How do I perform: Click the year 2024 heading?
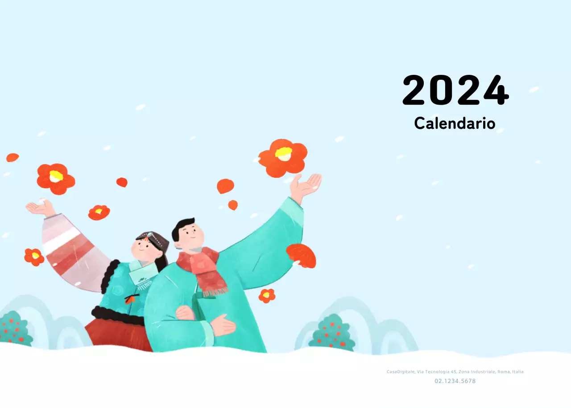click(x=455, y=91)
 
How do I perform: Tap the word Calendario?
click(x=455, y=123)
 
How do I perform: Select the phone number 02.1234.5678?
click(x=455, y=381)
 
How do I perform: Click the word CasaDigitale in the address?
click(x=401, y=371)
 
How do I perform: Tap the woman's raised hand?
click(x=39, y=208)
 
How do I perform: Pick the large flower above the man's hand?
click(x=283, y=158)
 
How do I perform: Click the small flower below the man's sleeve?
click(x=267, y=295)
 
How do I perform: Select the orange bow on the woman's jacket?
click(x=130, y=300)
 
